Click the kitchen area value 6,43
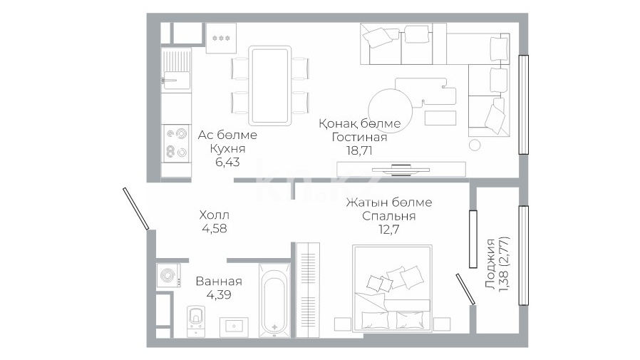[x=227, y=162]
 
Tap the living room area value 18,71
[x=359, y=150]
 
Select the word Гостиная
[x=359, y=137]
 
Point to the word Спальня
[x=388, y=216]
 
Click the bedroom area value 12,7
[x=388, y=230]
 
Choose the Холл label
[x=215, y=215]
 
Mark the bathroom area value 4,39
[x=219, y=294]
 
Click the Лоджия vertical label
[x=491, y=264]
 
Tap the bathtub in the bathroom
[x=274, y=300]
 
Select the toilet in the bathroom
[x=196, y=321]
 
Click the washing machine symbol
[x=169, y=274]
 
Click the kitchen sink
[x=177, y=81]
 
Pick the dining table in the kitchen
[x=270, y=86]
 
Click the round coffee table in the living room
[x=391, y=109]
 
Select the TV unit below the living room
[x=401, y=170]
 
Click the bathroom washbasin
[x=234, y=327]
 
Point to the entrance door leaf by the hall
[x=136, y=208]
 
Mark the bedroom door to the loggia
[x=465, y=289]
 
